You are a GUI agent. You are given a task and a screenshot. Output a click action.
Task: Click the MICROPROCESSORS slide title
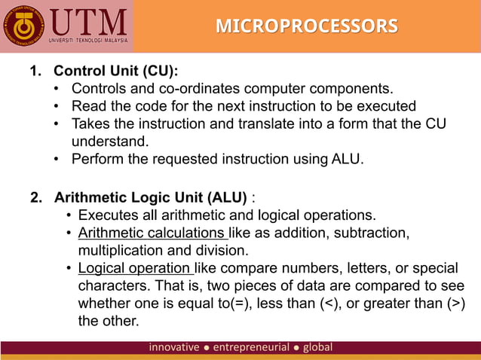coord(307,26)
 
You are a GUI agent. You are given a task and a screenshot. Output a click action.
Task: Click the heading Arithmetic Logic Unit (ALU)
coord(150,198)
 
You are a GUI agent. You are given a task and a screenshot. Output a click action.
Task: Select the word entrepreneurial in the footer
coord(251,347)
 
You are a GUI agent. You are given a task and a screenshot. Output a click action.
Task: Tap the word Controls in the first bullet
coord(100,90)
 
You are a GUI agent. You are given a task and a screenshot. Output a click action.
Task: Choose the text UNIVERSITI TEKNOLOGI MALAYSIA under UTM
coord(88,39)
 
